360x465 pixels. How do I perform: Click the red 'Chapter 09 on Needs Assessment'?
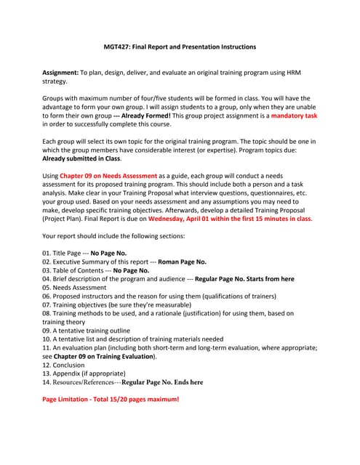(x=108, y=176)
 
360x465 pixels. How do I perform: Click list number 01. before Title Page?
(x=47, y=252)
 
